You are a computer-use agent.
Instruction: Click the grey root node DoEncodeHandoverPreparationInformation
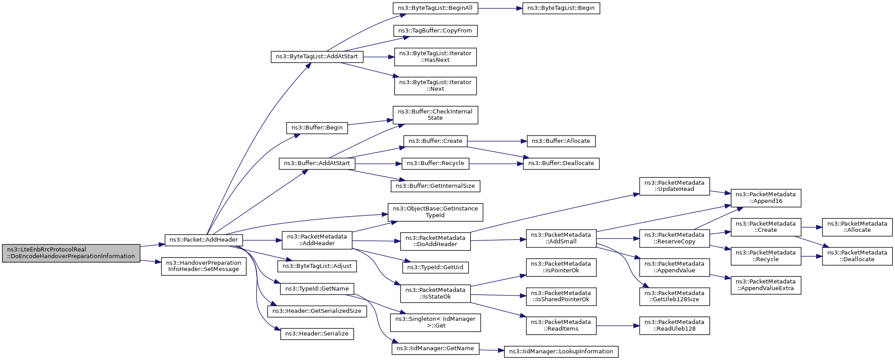point(71,253)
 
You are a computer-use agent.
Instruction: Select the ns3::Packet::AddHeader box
point(204,240)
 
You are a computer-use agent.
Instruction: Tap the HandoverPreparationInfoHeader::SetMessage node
point(204,266)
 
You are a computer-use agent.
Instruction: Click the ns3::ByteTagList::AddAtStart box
point(317,57)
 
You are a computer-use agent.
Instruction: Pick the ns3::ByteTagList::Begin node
point(561,8)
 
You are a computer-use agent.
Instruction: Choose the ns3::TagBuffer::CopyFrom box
point(435,31)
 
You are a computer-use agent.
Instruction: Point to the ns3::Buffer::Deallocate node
point(561,164)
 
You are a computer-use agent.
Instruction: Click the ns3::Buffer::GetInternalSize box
point(435,186)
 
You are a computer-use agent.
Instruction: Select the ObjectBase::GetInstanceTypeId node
point(435,212)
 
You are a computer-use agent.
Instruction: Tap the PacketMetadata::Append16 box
point(766,198)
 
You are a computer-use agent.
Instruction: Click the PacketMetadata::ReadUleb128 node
point(675,326)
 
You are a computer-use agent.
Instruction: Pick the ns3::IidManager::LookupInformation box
point(561,352)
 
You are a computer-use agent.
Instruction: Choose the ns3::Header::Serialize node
point(317,334)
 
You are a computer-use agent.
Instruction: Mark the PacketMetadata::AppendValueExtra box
point(766,285)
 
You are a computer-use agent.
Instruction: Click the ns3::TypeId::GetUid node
point(435,267)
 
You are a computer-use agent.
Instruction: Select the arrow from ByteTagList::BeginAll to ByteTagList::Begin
point(500,8)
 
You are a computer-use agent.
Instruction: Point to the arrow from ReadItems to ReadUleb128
point(618,326)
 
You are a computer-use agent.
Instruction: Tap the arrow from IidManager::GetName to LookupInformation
point(492,351)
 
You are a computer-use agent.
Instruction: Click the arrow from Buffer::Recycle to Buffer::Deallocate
point(496,164)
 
